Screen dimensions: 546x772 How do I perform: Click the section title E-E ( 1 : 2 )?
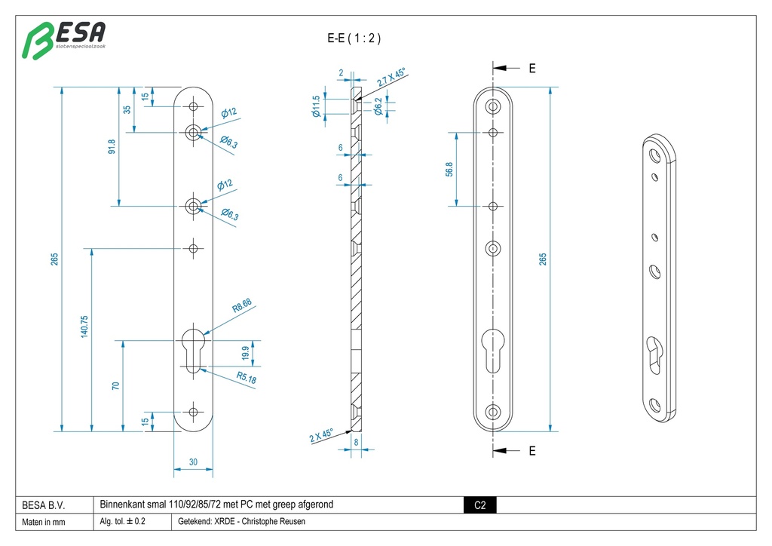354,38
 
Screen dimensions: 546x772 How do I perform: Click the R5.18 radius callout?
246,378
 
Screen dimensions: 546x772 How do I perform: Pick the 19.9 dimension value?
246,353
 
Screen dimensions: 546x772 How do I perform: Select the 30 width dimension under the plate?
195,462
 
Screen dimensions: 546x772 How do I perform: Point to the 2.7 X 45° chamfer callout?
391,78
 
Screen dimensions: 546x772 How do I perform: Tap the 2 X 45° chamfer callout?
321,434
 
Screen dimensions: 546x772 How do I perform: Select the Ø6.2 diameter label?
378,107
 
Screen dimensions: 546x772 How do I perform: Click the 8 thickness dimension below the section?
356,444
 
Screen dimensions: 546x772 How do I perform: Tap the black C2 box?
479,505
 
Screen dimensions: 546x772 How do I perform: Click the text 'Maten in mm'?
44,522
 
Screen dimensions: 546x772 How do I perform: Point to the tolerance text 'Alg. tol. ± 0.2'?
122,522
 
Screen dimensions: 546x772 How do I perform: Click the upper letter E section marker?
532,69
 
